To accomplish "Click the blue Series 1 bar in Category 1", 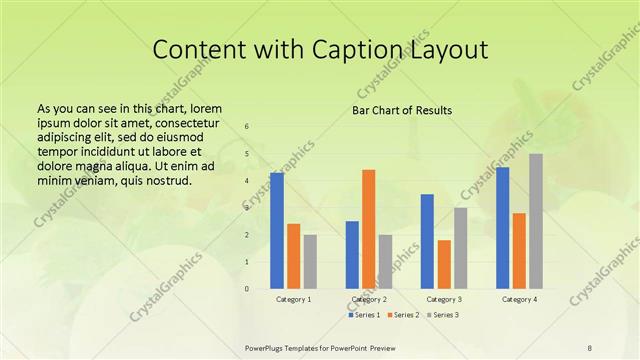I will coord(277,230).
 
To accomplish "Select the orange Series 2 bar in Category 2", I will coord(369,229).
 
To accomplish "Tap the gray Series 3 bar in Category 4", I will coord(536,221).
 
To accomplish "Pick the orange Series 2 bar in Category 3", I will coord(444,264).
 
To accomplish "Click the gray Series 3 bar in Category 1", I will coord(310,261).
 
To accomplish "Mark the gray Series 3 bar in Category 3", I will coord(460,248).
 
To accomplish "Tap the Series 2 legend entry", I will coord(402,315).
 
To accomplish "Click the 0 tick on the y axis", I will coord(247,288).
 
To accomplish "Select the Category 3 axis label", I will coord(444,299).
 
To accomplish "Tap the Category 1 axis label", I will coord(294,299).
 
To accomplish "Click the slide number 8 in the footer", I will coord(590,348).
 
